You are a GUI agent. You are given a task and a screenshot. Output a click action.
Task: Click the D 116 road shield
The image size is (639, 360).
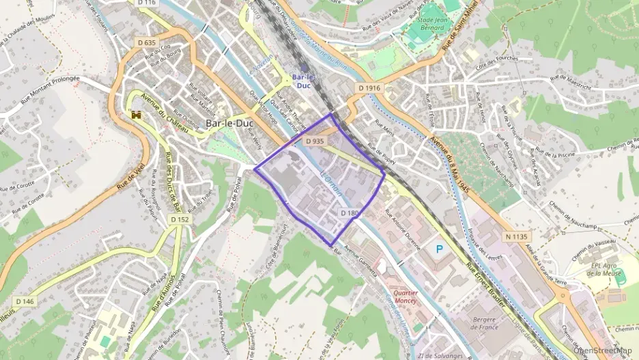pyautogui.click(x=147, y=3)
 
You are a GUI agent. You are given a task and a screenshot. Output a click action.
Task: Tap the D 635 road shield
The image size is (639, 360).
pyautogui.click(x=147, y=42)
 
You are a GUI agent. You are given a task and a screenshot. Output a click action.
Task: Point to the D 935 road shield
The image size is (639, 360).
pyautogui.click(x=314, y=141)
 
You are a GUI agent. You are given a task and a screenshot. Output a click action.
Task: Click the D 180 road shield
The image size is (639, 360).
pyautogui.click(x=349, y=213)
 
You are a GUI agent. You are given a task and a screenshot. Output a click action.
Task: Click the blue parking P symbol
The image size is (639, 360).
pyautogui.click(x=439, y=250)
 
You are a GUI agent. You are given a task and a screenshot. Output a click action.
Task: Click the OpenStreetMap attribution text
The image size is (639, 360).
pyautogui.click(x=604, y=350)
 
